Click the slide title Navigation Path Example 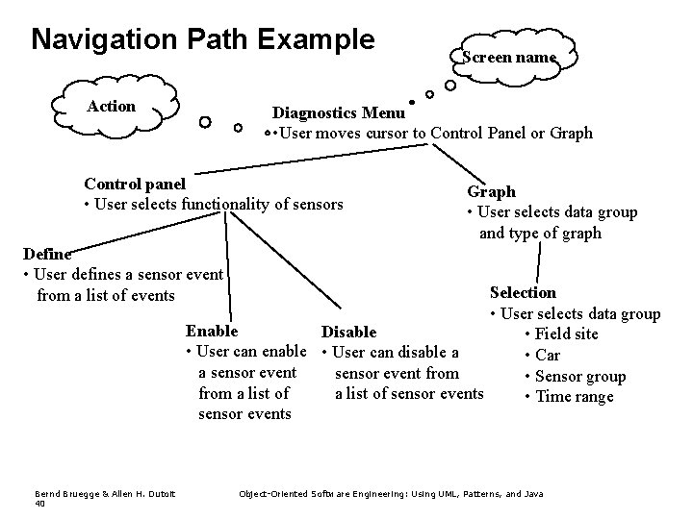pyautogui.click(x=202, y=39)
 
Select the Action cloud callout pyautogui.click(x=112, y=106)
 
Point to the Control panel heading pyautogui.click(x=135, y=184)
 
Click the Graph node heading pyautogui.click(x=491, y=191)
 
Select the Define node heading pyautogui.click(x=46, y=254)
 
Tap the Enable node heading pyautogui.click(x=212, y=331)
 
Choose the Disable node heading pyautogui.click(x=348, y=332)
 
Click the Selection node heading pyautogui.click(x=523, y=292)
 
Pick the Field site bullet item pyautogui.click(x=567, y=334)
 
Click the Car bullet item pyautogui.click(x=548, y=355)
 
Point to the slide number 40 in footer pyautogui.click(x=39, y=503)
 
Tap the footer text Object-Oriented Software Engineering pyautogui.click(x=391, y=493)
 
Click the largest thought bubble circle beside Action pyautogui.click(x=205, y=122)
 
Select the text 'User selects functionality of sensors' pyautogui.click(x=219, y=203)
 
